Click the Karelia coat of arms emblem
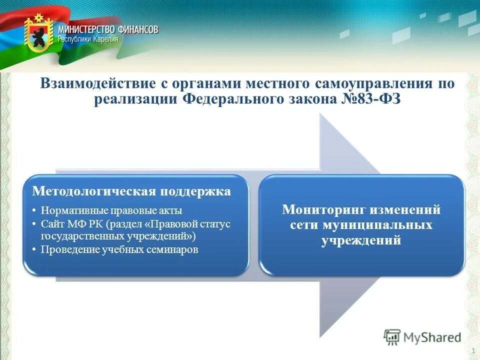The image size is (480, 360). [39, 34]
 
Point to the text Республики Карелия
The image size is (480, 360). [88, 39]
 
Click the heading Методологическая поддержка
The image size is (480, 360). [131, 191]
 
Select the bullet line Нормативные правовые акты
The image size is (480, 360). [111, 210]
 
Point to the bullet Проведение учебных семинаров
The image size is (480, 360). [119, 249]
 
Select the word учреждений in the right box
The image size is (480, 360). [361, 240]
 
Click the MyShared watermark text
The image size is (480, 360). [432, 337]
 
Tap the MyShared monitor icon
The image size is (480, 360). [392, 336]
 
